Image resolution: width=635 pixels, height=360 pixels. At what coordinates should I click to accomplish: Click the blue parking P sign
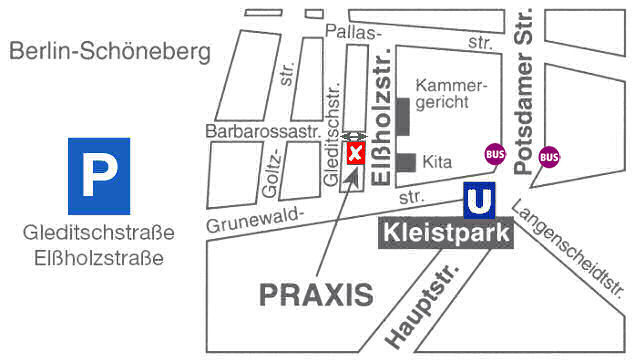(98, 175)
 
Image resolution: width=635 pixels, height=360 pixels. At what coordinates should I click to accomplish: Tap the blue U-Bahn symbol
(481, 200)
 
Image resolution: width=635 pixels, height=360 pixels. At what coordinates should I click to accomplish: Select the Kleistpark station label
(447, 235)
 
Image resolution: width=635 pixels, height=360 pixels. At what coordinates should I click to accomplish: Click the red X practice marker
(355, 152)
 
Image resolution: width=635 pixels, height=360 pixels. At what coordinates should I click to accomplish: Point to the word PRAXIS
(316, 295)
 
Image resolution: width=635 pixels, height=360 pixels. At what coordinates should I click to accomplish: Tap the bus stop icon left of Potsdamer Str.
(494, 155)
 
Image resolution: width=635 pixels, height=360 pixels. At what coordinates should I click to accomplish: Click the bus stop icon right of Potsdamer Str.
(549, 156)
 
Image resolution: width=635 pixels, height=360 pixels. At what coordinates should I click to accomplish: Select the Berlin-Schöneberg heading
(111, 51)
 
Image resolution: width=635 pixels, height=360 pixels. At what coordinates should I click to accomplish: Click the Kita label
(438, 161)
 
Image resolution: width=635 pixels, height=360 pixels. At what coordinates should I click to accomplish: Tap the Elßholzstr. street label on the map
(379, 121)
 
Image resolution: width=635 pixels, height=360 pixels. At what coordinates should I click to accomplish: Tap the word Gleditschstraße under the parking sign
(98, 233)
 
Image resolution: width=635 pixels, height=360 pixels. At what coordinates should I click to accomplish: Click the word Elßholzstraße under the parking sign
(98, 259)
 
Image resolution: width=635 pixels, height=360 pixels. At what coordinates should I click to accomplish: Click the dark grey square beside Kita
(405, 162)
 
